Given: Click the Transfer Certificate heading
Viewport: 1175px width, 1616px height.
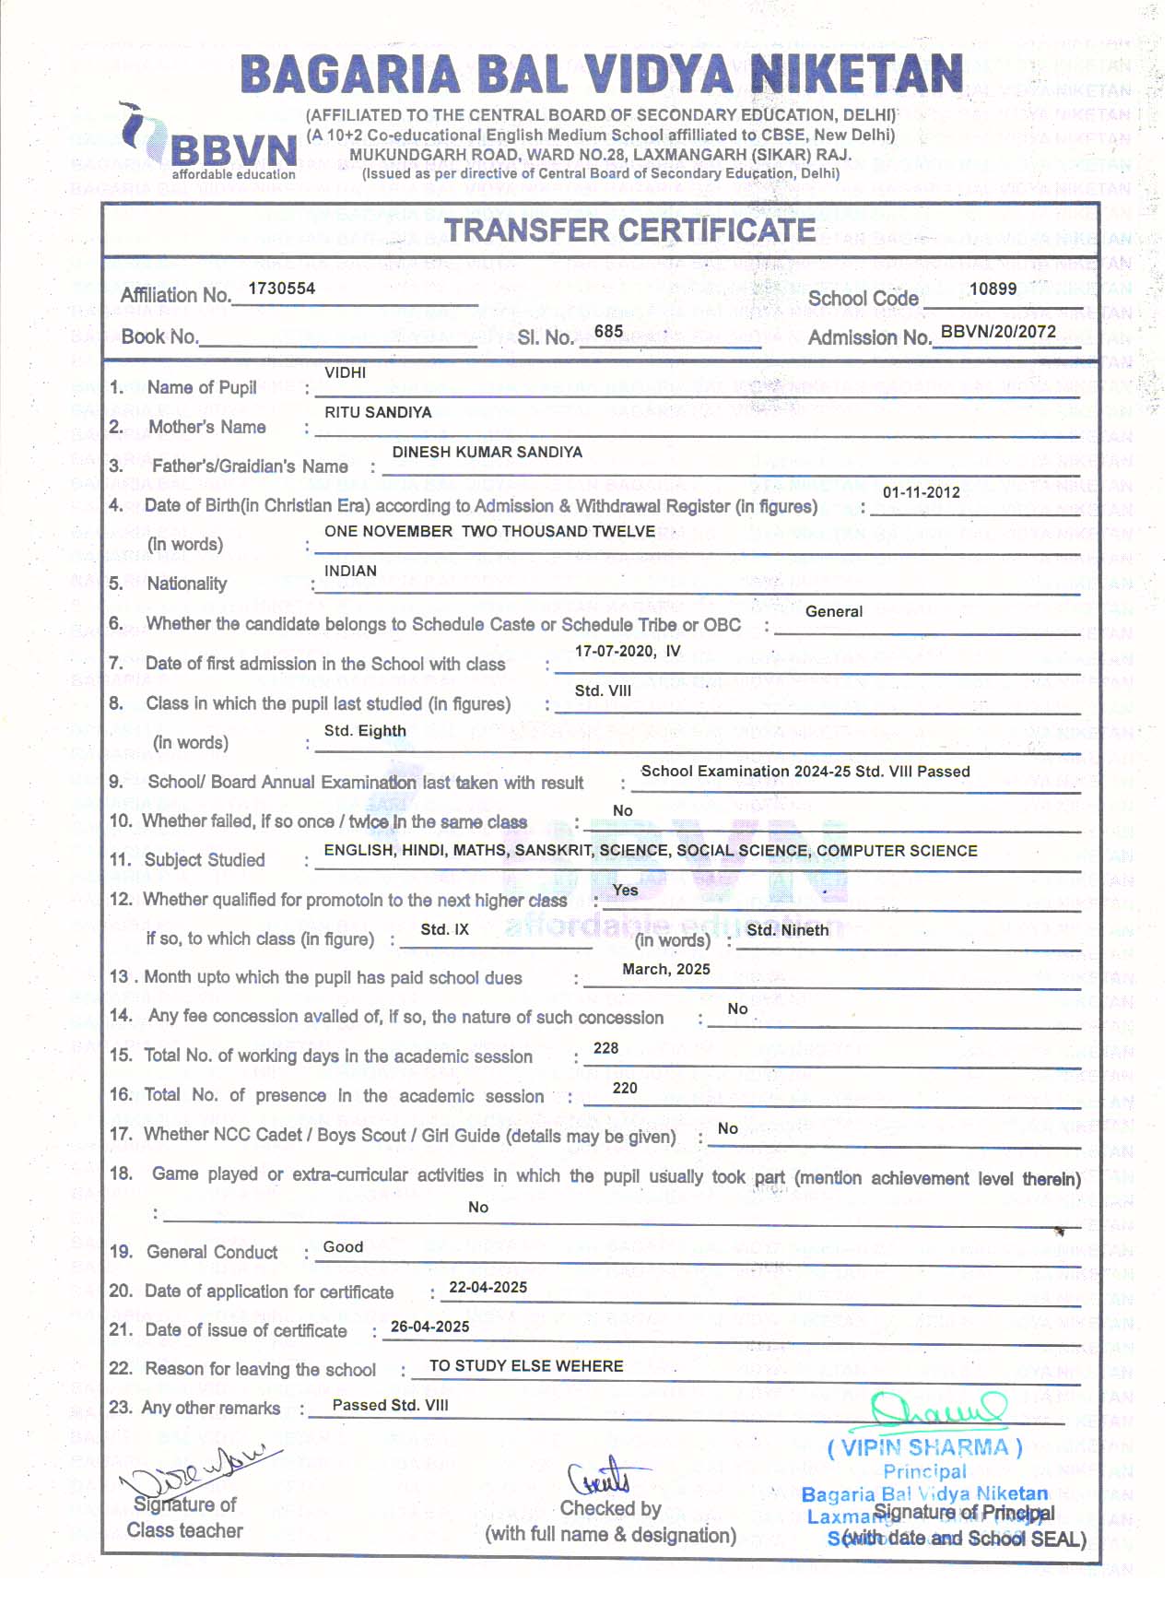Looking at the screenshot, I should coord(630,230).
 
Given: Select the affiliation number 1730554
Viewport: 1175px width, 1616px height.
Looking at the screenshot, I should coord(282,289).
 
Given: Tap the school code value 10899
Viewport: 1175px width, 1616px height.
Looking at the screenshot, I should coord(993,289).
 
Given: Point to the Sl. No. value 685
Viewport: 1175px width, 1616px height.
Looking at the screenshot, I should coord(608,331).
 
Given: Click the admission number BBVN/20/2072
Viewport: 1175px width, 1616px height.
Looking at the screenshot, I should coord(998,331).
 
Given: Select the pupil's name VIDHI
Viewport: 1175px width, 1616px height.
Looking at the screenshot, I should coord(346,372).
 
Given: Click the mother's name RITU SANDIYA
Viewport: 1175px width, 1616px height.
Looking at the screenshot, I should coord(378,412).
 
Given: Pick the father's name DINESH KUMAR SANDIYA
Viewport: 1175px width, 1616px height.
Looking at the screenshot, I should coord(488,452).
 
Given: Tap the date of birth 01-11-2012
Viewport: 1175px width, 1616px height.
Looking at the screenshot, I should coord(922,492).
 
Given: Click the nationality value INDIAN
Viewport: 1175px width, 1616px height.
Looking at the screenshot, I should coord(350,571).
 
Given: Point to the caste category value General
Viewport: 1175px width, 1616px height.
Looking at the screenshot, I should coord(834,611).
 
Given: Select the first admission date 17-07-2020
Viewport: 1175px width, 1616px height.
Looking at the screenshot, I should coord(614,651).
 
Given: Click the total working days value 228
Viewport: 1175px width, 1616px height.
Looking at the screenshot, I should coord(606,1048).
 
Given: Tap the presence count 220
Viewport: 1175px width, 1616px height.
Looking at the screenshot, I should coord(625,1088).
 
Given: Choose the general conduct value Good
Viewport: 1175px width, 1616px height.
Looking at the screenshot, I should coord(343,1247).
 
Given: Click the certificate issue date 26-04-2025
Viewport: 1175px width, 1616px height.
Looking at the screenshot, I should coord(430,1327).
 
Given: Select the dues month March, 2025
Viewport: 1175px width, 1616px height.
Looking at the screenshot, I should coord(666,969).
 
